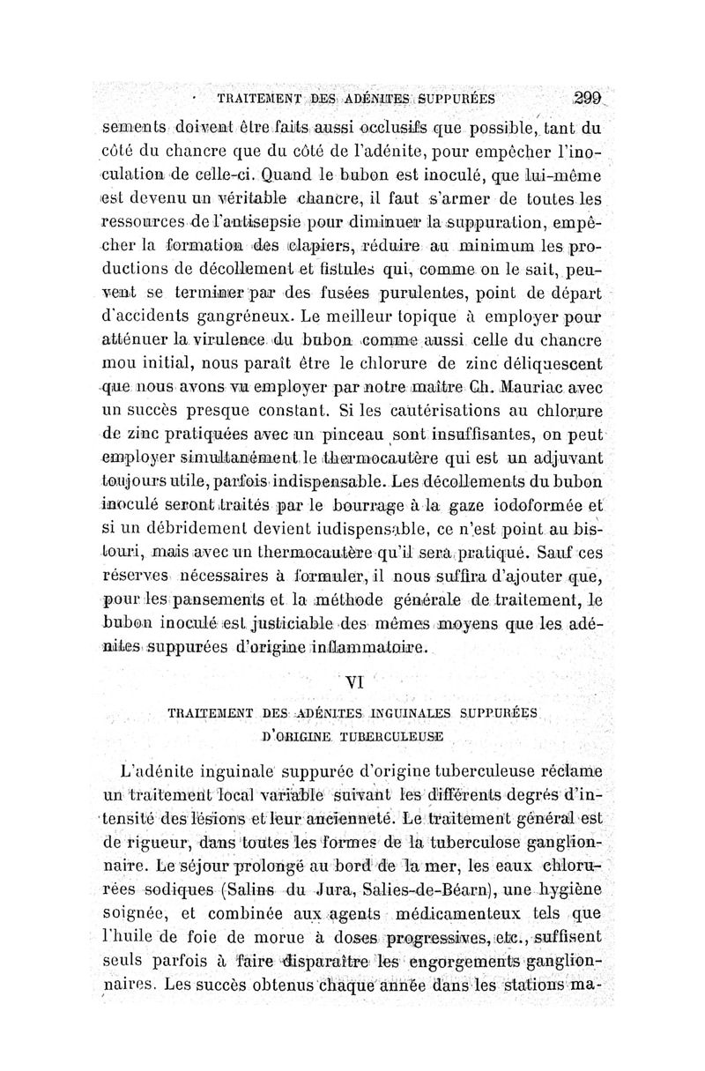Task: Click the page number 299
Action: (x=586, y=99)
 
